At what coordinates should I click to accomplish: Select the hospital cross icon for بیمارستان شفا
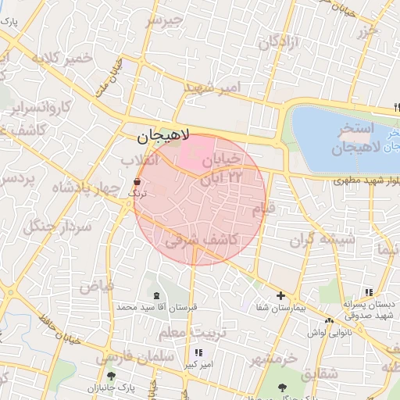(280, 295)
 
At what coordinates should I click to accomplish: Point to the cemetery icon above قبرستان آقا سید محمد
(157, 295)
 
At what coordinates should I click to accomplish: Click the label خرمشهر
(274, 359)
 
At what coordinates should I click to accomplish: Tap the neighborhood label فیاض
(96, 285)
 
